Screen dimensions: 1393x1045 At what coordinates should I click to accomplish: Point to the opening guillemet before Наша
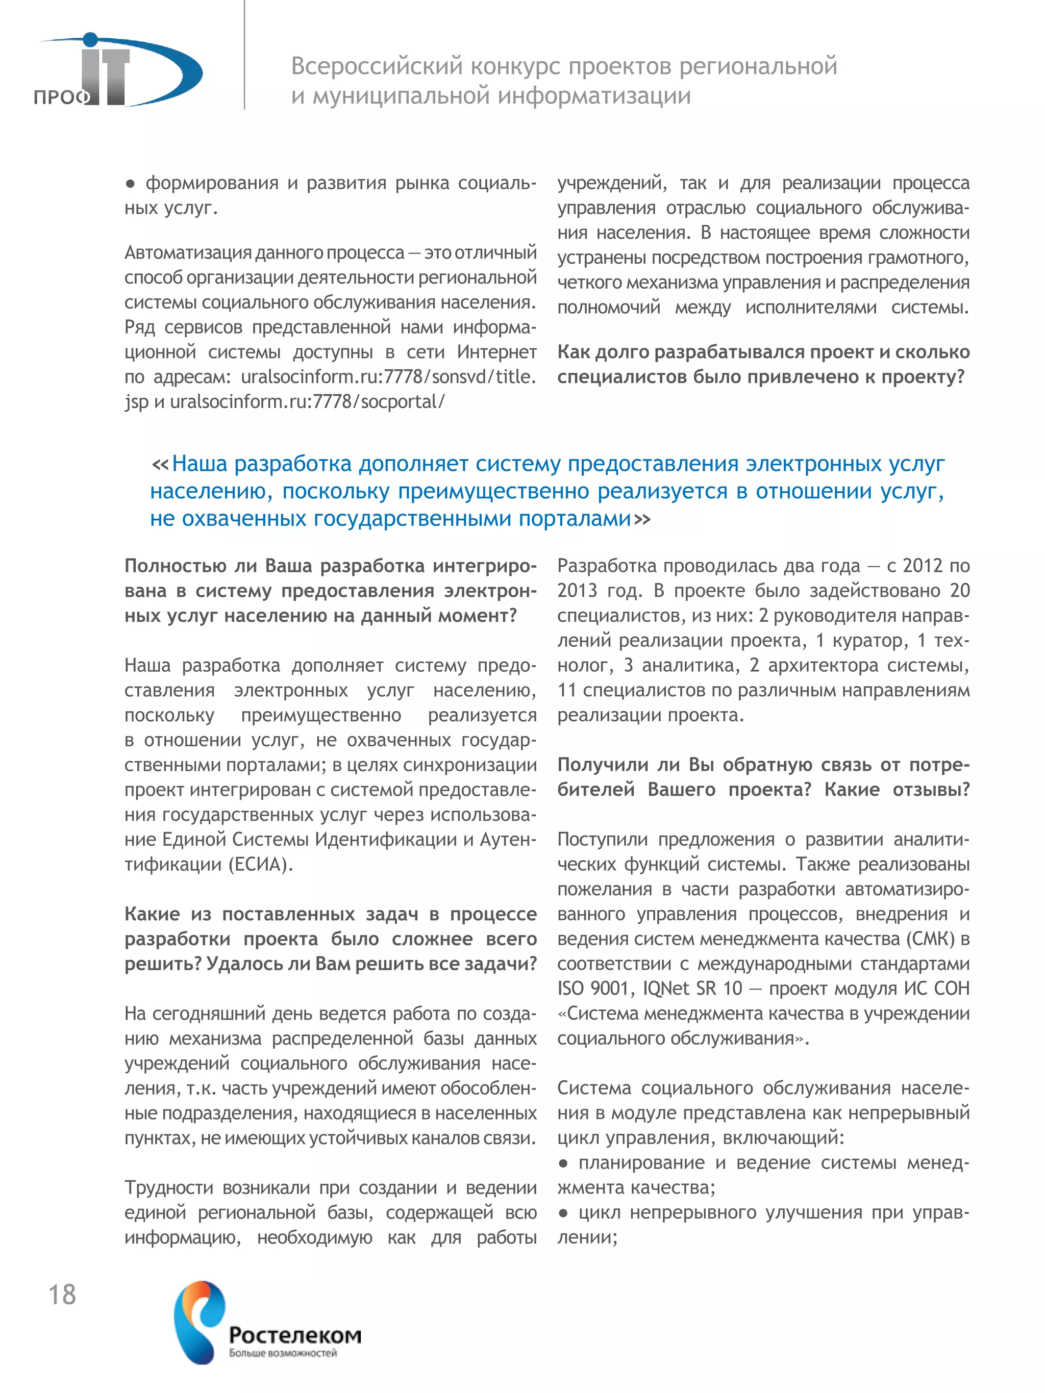[x=160, y=464]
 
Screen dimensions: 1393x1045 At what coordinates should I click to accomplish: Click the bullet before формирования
[x=131, y=183]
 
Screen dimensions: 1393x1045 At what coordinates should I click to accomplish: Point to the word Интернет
[x=496, y=351]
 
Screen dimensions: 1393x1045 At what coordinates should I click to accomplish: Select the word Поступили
[x=603, y=839]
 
